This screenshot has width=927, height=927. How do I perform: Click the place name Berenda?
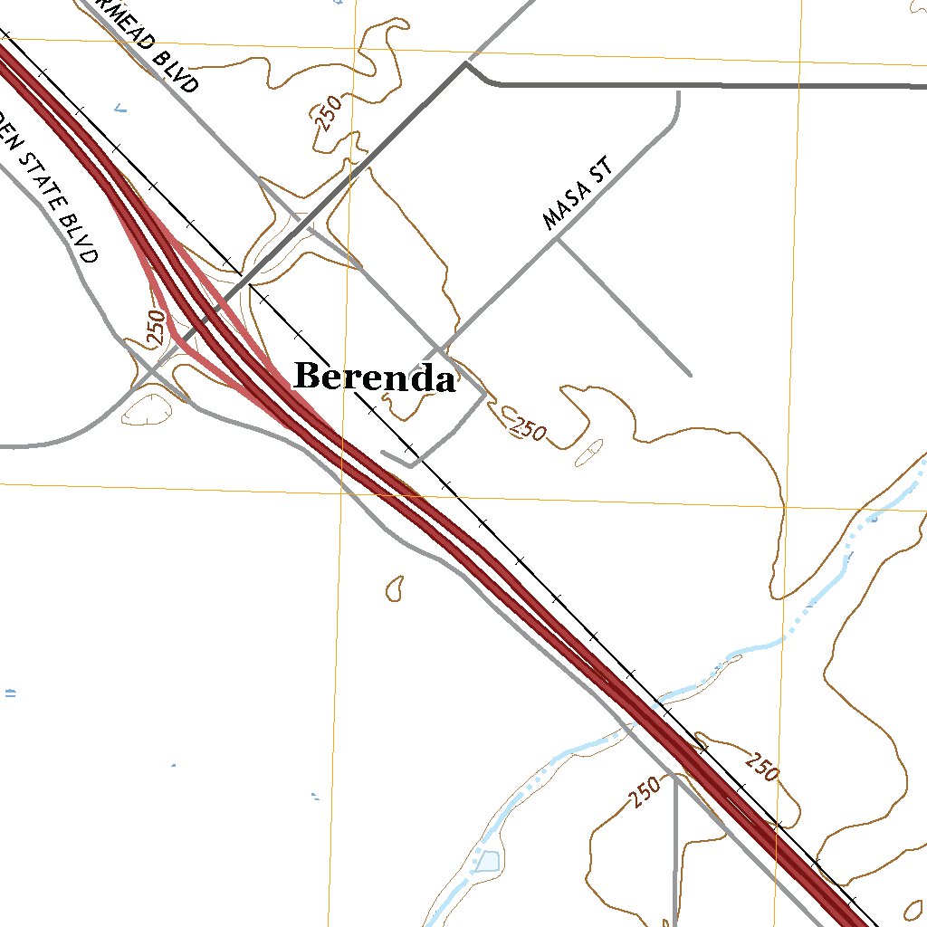374,377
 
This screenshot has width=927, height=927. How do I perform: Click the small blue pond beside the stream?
486,861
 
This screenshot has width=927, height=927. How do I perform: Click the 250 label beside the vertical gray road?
645,793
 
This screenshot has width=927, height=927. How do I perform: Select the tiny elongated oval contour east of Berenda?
588,453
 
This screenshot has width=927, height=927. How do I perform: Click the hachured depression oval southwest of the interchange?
148,409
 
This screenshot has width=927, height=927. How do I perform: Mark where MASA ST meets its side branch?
559,239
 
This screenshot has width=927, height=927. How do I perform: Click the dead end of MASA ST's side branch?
691,375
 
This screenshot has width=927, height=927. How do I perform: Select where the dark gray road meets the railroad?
244,276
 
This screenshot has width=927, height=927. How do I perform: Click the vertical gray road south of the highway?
675,851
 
